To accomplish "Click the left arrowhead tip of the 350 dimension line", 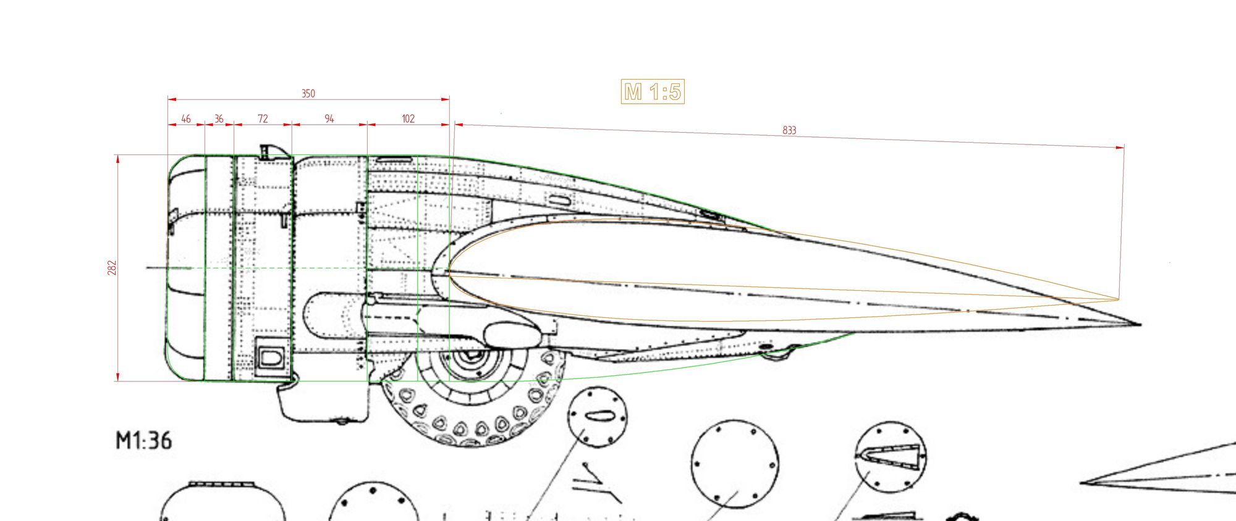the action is pos(168,99).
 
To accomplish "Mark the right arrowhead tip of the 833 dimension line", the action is pos(1124,148).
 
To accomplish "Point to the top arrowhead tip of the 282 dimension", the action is pos(117,156).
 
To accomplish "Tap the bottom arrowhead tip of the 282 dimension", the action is pos(117,381).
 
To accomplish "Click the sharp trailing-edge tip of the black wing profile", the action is pos(1141,324).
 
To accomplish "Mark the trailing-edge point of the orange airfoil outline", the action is pos(1119,300).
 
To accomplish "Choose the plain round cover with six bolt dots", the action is pos(735,464).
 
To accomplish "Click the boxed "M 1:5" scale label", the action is pos(653,92).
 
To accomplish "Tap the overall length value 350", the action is pos(308,93).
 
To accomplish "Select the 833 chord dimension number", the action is pos(789,130).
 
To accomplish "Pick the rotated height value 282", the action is pos(112,268).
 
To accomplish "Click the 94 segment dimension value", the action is pos(329,119).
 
